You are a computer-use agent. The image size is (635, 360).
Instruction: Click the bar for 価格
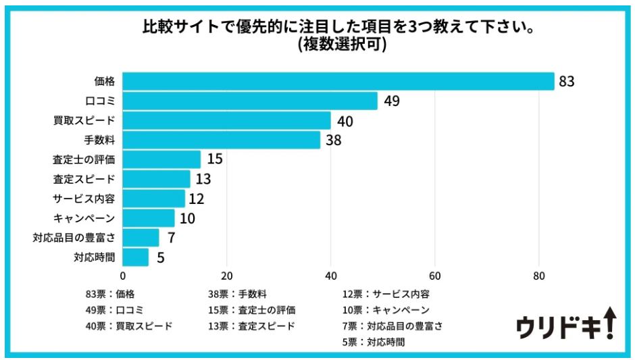pos(338,82)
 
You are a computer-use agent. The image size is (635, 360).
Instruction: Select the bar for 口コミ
pos(250,101)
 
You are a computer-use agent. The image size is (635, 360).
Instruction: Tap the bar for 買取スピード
pos(226,121)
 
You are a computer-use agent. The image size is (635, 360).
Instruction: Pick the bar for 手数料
pos(221,140)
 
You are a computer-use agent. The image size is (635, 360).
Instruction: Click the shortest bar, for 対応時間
pos(135,257)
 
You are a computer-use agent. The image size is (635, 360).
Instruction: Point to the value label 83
pos(566,82)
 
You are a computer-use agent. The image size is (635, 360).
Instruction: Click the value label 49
pos(392,101)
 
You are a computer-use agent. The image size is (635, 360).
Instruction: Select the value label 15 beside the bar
pos(215,160)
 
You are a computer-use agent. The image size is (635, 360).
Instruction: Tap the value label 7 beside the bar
pos(171,238)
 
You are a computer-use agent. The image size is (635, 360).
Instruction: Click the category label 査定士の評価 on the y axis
pos(84,160)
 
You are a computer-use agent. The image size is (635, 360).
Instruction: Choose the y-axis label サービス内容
pos(84,199)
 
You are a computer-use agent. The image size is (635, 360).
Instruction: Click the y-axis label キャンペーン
pos(84,218)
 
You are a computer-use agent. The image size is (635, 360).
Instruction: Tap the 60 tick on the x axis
pos(435,276)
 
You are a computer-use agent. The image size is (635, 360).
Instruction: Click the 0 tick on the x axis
pos(122,276)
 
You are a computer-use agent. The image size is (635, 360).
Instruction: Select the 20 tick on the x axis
pos(226,276)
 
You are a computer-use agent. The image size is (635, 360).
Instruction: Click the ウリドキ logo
pos(566,325)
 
